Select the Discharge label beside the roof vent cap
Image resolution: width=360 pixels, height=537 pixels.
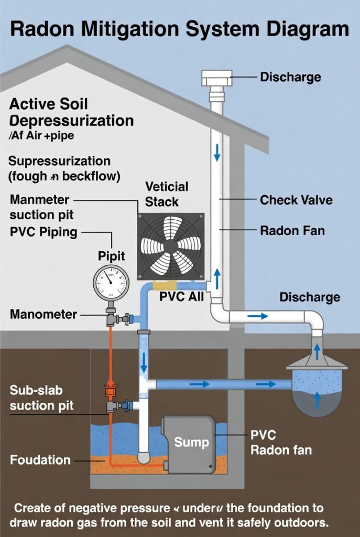[290, 77]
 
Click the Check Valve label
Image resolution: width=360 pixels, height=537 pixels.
[296, 200]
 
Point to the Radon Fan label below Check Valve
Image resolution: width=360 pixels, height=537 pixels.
[292, 230]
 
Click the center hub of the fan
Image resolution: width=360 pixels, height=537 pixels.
[170, 246]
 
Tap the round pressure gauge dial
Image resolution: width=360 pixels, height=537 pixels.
[111, 283]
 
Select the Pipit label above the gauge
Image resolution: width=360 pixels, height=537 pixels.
[112, 256]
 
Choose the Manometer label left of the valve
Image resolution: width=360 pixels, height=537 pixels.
[43, 315]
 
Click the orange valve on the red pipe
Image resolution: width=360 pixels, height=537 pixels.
[111, 390]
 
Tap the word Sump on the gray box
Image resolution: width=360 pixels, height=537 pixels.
[191, 442]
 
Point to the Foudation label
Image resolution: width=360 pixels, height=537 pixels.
[40, 460]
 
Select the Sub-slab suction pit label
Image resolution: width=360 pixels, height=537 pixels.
[41, 398]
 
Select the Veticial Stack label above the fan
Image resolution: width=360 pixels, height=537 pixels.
[167, 194]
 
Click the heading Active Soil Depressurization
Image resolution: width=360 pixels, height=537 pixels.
[71, 112]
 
